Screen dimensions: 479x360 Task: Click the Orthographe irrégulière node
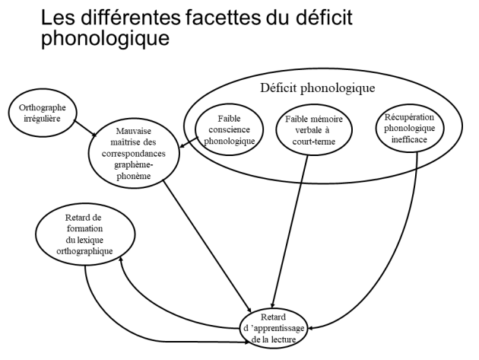pyautogui.click(x=42, y=113)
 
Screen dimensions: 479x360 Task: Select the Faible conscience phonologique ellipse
pyautogui.click(x=229, y=129)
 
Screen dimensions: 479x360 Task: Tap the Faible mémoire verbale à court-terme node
pyautogui.click(x=314, y=129)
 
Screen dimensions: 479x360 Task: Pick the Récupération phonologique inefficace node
pyautogui.click(x=409, y=128)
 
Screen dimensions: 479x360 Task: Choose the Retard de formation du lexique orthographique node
pyautogui.click(x=85, y=234)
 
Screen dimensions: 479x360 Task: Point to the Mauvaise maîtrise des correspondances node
pyautogui.click(x=134, y=154)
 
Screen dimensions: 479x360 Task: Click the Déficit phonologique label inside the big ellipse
pyautogui.click(x=317, y=88)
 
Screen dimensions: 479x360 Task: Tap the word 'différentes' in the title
pyautogui.click(x=131, y=18)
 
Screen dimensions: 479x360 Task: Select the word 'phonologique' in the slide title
pyautogui.click(x=105, y=38)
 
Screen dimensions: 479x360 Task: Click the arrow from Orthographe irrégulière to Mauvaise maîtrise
pyautogui.click(x=85, y=129)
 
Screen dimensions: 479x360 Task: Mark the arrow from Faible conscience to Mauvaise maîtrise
pyautogui.click(x=189, y=142)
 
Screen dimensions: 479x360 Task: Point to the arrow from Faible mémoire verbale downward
pyautogui.click(x=290, y=231)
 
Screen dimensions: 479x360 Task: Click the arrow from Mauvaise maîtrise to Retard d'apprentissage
pyautogui.click(x=207, y=246)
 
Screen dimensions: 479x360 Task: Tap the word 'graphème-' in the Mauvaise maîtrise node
pyautogui.click(x=134, y=165)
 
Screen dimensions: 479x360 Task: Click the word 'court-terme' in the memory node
pyautogui.click(x=314, y=142)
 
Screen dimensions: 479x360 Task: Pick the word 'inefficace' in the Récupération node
pyautogui.click(x=409, y=139)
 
